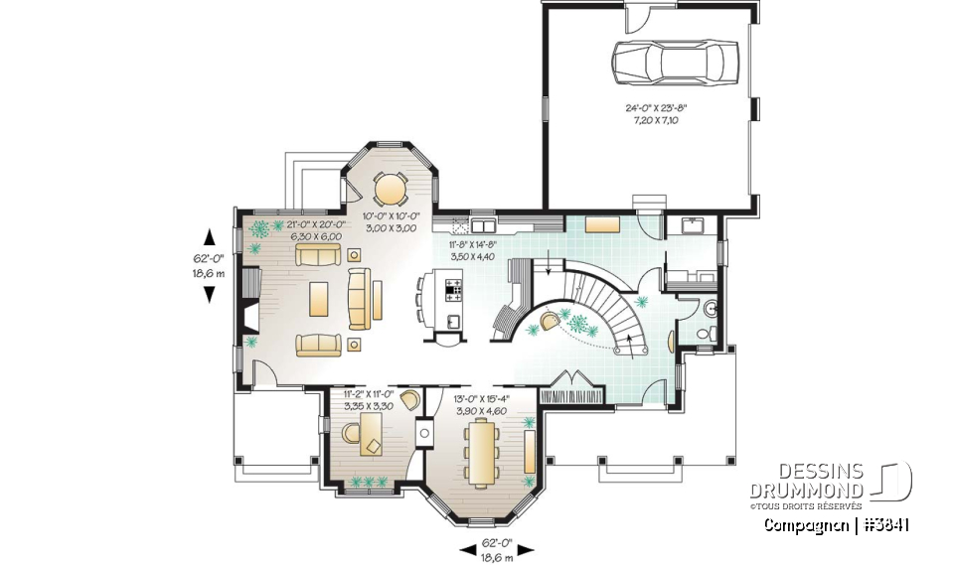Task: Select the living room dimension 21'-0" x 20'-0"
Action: pyautogui.click(x=315, y=230)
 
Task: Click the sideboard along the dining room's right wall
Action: pyautogui.click(x=529, y=451)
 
